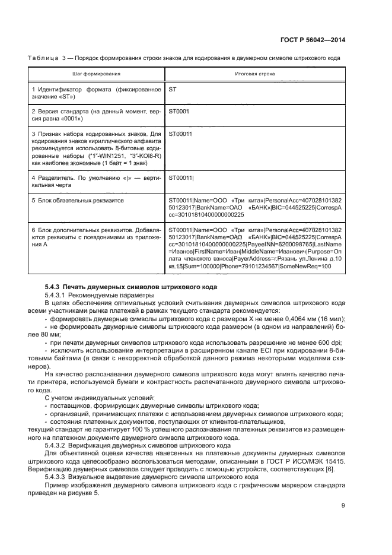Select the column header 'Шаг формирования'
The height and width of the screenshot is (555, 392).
[x=96, y=74]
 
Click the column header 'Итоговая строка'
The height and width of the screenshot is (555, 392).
[x=255, y=74]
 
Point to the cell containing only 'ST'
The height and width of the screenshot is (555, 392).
[x=173, y=89]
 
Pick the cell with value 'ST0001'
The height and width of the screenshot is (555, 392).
[x=179, y=111]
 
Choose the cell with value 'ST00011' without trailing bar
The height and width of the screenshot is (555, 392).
[x=180, y=134]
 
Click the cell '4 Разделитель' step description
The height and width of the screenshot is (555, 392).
[x=96, y=181]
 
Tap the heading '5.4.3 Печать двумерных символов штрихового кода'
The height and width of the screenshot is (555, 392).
[x=130, y=287]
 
